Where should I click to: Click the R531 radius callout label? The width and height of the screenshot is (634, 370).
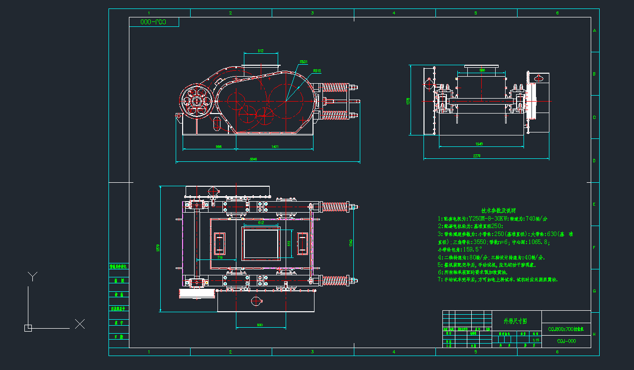304,62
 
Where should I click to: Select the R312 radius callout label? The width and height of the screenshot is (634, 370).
317,71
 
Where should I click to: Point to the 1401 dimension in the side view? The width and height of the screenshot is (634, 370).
275,146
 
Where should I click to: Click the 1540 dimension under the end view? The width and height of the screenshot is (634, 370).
479,144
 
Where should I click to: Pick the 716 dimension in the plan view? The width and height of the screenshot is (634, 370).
219,257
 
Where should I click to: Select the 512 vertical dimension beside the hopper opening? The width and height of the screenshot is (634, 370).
289,243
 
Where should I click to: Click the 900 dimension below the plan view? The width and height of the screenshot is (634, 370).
260,325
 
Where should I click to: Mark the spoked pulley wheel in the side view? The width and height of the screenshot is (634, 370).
196,101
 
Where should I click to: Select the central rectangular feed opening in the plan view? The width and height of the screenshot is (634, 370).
260,244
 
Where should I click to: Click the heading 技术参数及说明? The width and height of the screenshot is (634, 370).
498,211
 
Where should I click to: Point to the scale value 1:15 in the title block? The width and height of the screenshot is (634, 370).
536,340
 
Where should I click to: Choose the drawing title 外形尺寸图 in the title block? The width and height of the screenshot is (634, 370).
515,320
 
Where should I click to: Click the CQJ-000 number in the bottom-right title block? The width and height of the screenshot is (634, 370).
566,341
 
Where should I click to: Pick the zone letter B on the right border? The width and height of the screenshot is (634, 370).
594,74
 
